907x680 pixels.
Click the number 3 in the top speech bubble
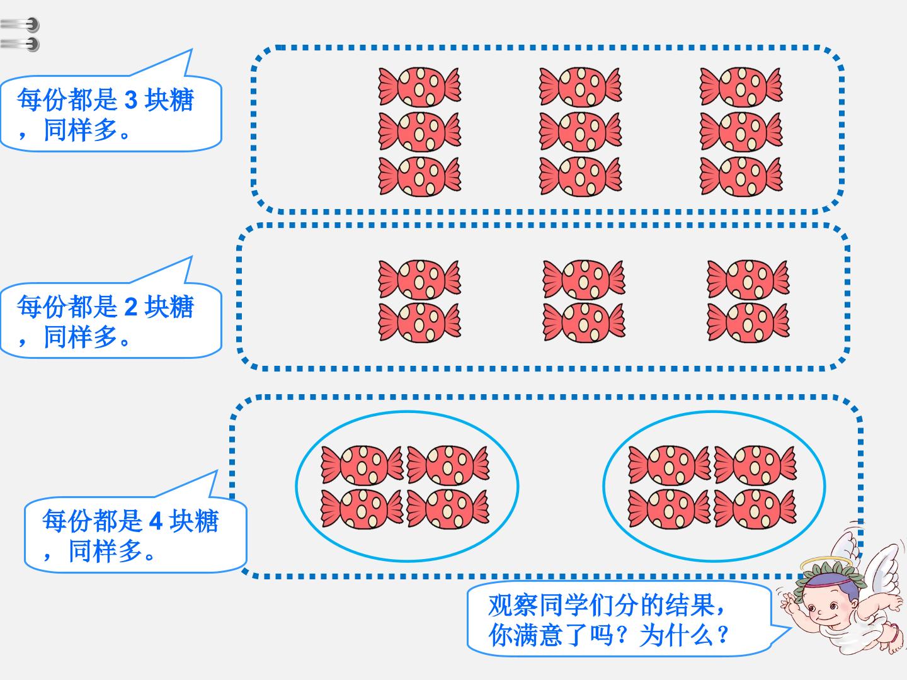pyautogui.click(x=130, y=100)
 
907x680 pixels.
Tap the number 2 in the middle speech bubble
pyautogui.click(x=130, y=307)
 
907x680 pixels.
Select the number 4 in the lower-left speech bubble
pyautogui.click(x=156, y=521)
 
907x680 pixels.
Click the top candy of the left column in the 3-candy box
pyautogui.click(x=419, y=87)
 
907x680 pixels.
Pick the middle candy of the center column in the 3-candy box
pyautogui.click(x=580, y=132)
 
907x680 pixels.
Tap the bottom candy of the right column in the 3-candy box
pyautogui.click(x=741, y=176)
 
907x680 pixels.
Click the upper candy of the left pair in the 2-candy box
pyautogui.click(x=419, y=279)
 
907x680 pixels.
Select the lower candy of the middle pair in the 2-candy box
pyautogui.click(x=583, y=322)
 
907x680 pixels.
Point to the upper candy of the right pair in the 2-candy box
pyautogui.click(x=748, y=279)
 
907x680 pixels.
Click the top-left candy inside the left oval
pyautogui.click(x=362, y=465)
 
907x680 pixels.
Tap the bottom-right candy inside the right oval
pyautogui.click(x=755, y=509)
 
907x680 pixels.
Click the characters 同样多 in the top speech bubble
pyautogui.click(x=81, y=130)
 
